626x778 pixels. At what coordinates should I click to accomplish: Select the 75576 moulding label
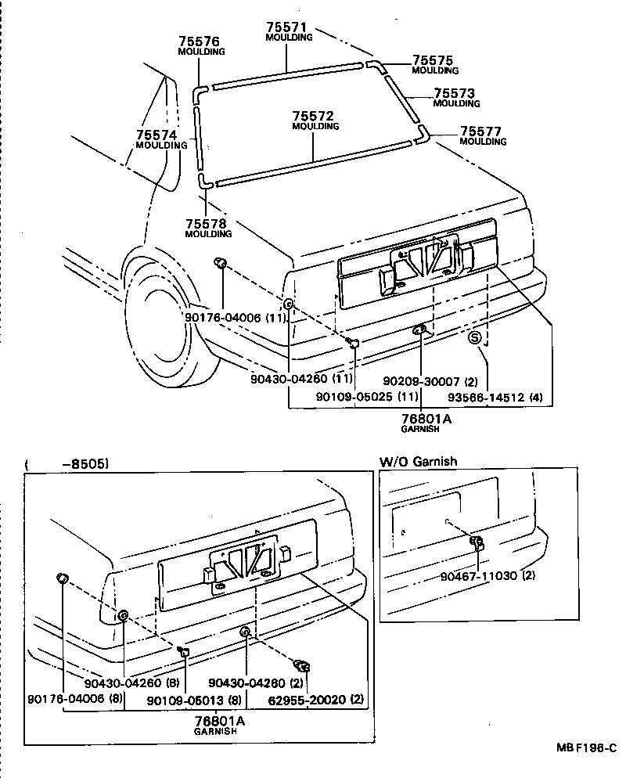click(x=199, y=41)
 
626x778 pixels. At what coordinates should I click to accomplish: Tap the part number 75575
click(x=434, y=60)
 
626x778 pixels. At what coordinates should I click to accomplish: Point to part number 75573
click(x=455, y=93)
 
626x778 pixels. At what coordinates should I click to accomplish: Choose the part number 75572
click(x=315, y=116)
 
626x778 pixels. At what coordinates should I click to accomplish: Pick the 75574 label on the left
click(x=156, y=135)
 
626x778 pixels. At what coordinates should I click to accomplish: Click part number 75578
click(x=207, y=224)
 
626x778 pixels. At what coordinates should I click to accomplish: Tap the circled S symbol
click(x=474, y=338)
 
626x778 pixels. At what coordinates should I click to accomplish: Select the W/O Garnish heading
click(x=418, y=462)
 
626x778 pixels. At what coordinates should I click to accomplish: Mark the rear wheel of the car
click(x=167, y=329)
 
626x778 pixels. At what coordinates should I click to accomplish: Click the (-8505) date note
click(x=67, y=463)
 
